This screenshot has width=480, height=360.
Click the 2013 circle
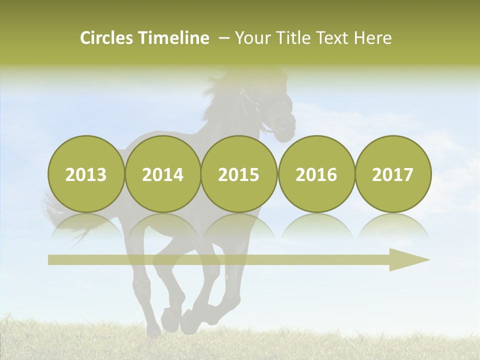click(86, 174)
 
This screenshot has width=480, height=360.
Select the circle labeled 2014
click(162, 174)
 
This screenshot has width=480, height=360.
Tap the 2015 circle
click(239, 174)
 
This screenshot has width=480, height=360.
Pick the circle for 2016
click(316, 174)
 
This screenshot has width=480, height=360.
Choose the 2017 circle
click(393, 174)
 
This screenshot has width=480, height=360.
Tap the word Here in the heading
click(373, 38)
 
